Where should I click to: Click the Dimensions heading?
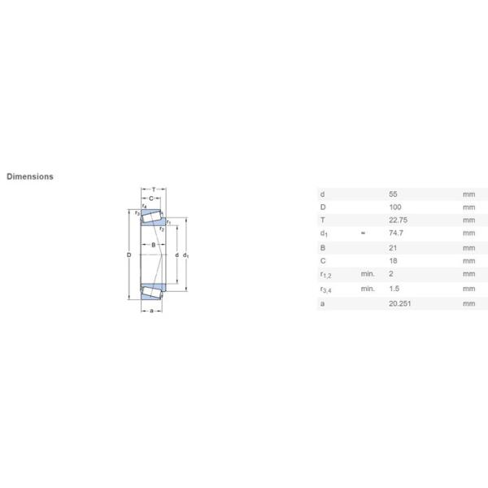(30, 176)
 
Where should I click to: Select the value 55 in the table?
(394, 194)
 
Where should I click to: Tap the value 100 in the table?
(396, 207)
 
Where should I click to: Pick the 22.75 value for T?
(399, 220)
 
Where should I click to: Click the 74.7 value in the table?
(397, 233)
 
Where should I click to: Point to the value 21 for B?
(394, 247)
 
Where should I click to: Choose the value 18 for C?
(394, 260)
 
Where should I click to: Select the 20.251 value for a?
(400, 303)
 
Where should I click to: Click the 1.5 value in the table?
(395, 289)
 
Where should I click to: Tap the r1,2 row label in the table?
(327, 275)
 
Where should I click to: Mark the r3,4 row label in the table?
(327, 289)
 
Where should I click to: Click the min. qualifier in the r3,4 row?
(368, 289)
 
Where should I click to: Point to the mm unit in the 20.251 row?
(468, 303)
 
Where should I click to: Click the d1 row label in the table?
(324, 234)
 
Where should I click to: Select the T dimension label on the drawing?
(153, 189)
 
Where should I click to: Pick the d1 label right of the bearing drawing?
(186, 256)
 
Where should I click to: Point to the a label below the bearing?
(152, 311)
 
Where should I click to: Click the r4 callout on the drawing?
(144, 207)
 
